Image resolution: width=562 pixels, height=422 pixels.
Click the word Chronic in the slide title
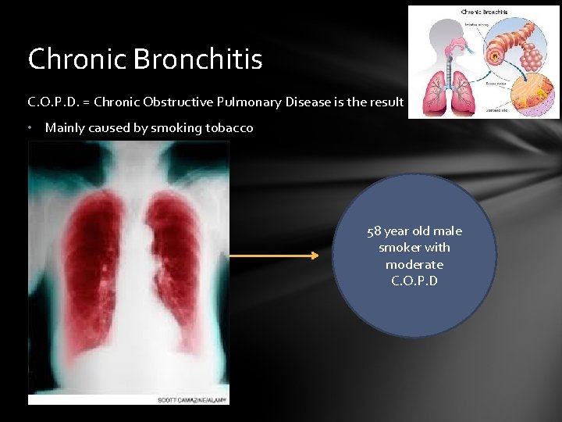point(79,59)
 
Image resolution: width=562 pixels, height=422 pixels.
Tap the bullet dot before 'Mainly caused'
point(30,128)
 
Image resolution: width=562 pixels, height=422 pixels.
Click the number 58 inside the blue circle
point(375,231)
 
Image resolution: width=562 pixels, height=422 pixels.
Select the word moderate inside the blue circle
point(414,264)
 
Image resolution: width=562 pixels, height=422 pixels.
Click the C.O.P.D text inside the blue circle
point(414,281)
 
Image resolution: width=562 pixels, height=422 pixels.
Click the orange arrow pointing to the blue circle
point(273,255)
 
